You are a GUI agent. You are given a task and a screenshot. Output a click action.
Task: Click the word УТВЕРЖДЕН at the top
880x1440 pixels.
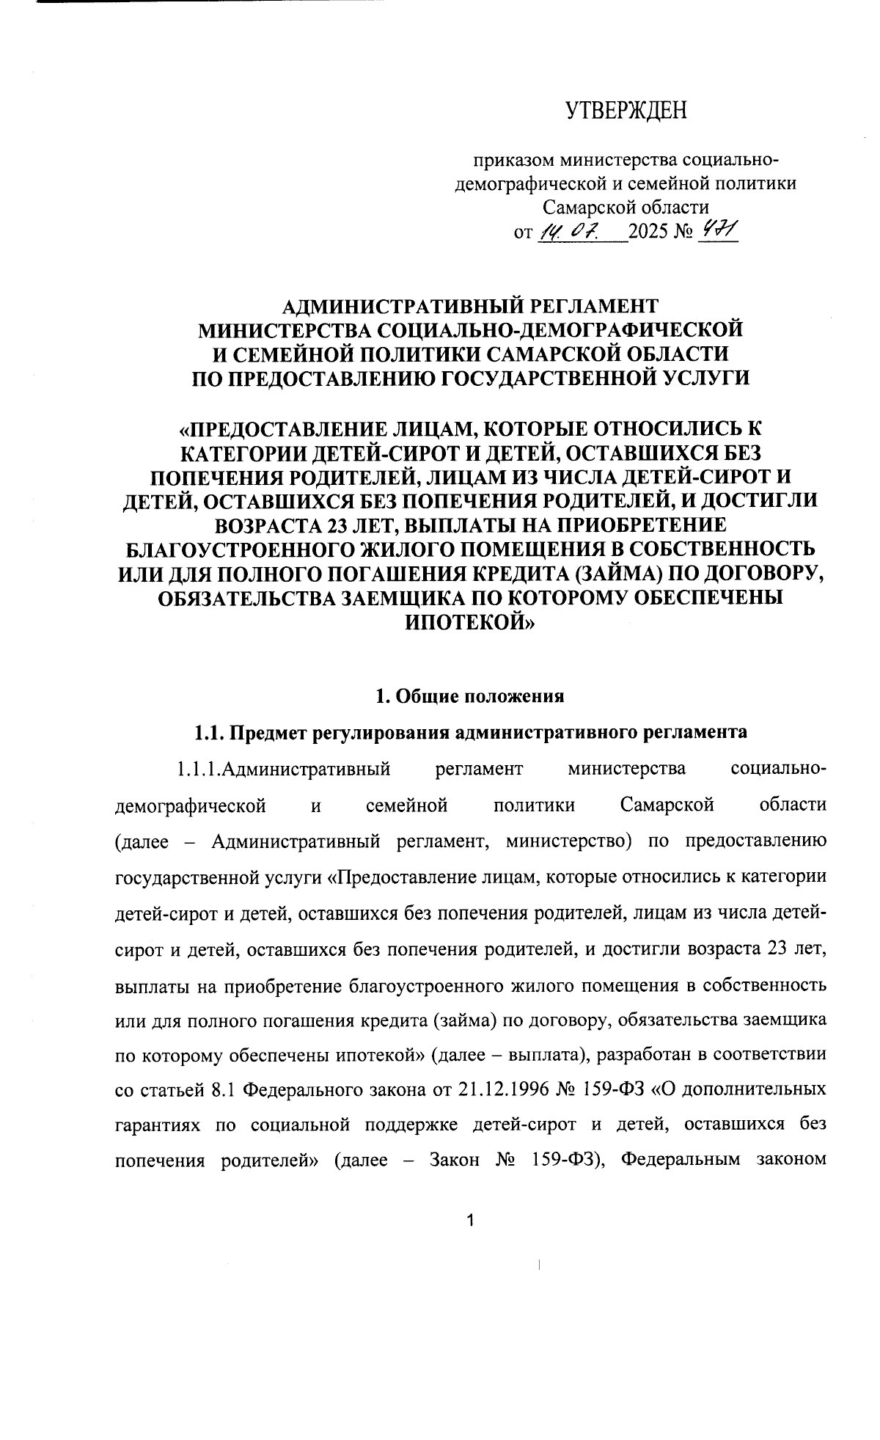click(x=626, y=111)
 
